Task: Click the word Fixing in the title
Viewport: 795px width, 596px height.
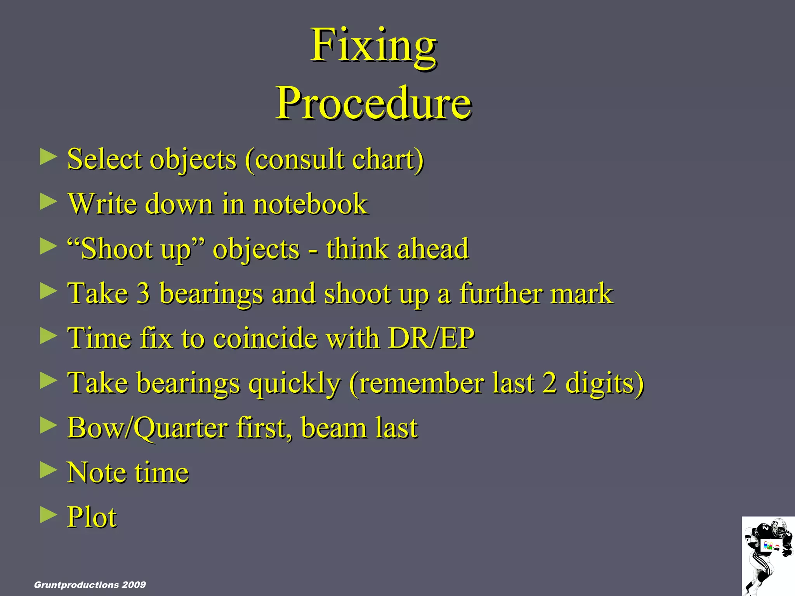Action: (x=373, y=46)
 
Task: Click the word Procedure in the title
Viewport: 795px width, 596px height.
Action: (x=373, y=103)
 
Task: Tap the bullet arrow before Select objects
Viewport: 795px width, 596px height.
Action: (x=48, y=157)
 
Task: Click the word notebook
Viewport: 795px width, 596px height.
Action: (x=310, y=204)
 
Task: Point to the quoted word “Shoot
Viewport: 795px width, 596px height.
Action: (x=110, y=248)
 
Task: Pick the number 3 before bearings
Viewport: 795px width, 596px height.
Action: (x=143, y=293)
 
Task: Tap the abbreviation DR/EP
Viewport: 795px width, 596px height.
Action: (x=431, y=338)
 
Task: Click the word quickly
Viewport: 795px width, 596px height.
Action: (x=294, y=383)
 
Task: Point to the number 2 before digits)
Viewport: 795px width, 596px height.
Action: (x=549, y=383)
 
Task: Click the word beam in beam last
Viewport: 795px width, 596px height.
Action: (x=333, y=428)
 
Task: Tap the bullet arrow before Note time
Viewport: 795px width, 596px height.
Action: (x=48, y=470)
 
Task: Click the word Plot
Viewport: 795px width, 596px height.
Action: (x=92, y=517)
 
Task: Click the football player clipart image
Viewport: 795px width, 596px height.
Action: (x=768, y=556)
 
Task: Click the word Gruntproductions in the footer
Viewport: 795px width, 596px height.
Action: (x=76, y=585)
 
